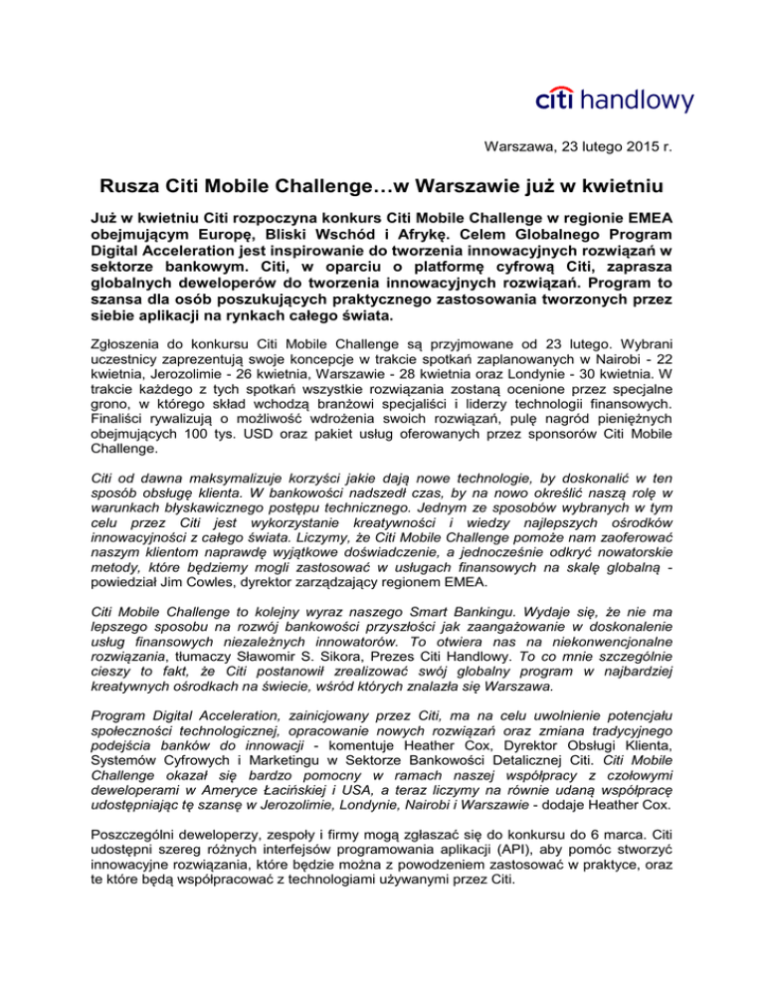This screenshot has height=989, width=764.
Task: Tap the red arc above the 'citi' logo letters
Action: (557, 87)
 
